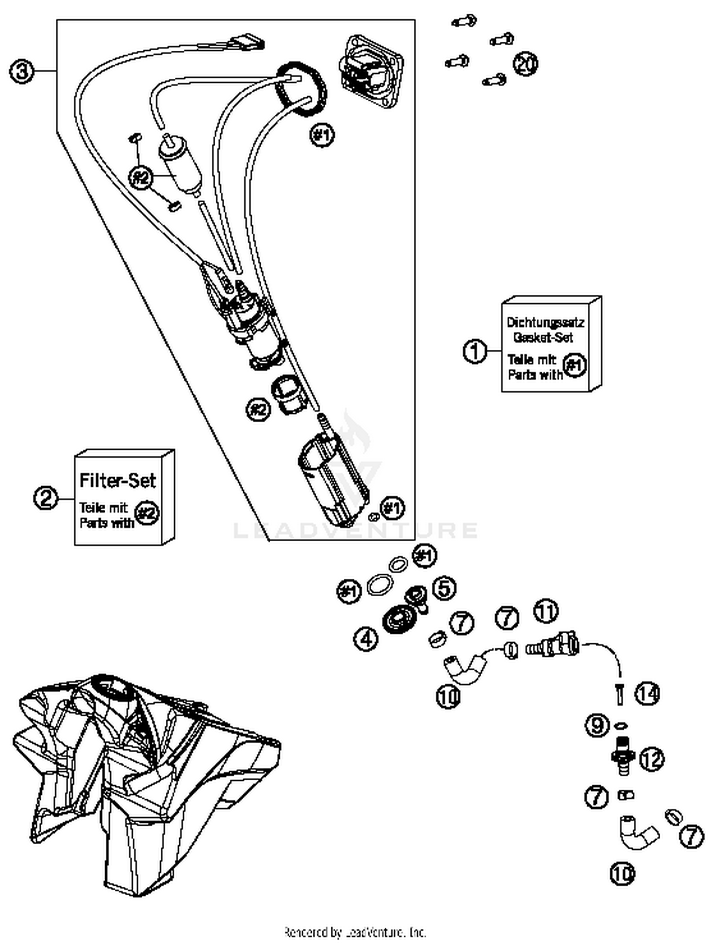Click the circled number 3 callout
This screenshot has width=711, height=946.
click(x=22, y=72)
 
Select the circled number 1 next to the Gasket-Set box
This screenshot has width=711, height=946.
click(x=474, y=351)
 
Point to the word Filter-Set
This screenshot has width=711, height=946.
click(x=117, y=481)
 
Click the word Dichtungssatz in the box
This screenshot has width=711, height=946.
click(x=545, y=323)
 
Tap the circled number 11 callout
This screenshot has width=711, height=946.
click(x=546, y=611)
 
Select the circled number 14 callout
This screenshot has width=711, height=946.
click(x=647, y=694)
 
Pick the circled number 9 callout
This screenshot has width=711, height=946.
click(x=597, y=725)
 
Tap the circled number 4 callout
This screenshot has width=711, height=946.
click(x=366, y=639)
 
